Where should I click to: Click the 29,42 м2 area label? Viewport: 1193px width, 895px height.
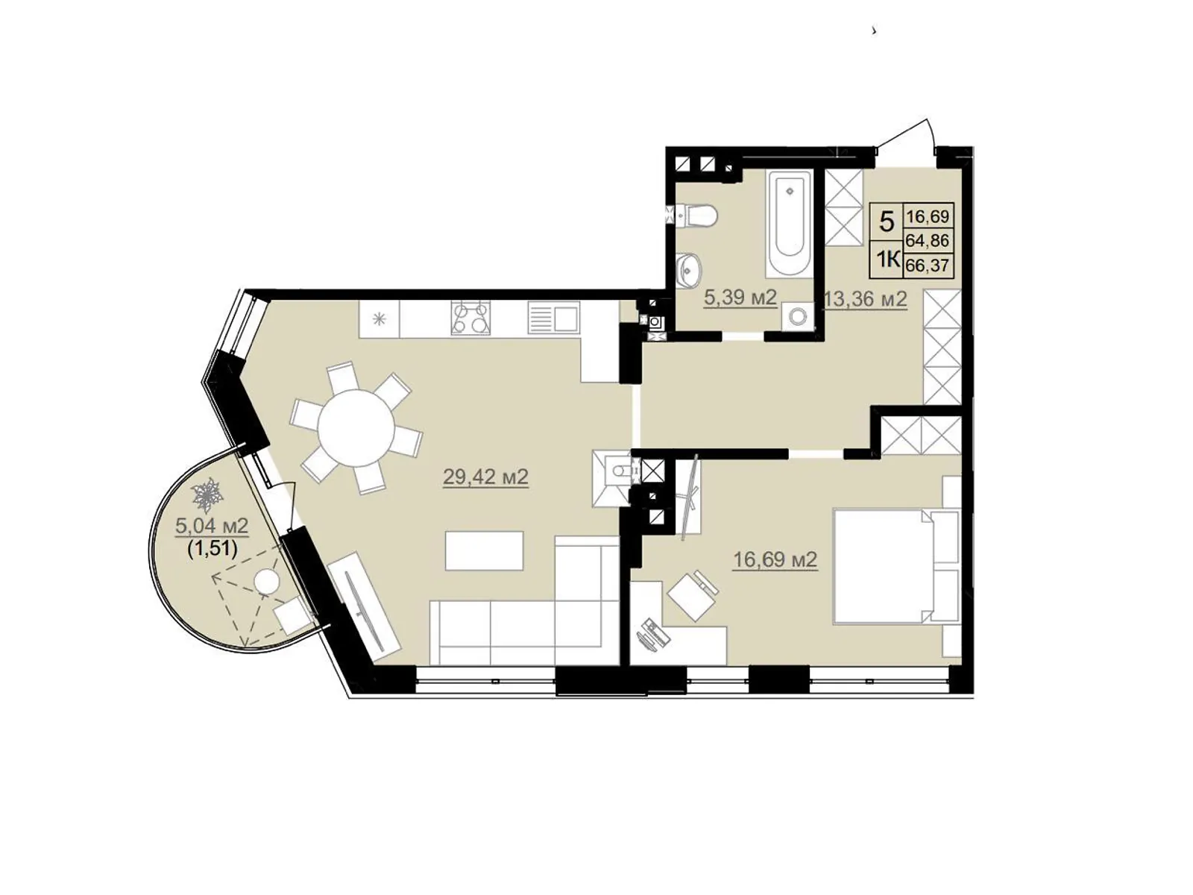(x=485, y=477)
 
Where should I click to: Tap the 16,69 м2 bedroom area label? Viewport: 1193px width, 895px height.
(x=775, y=559)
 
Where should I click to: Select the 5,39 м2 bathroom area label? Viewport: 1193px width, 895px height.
(x=740, y=298)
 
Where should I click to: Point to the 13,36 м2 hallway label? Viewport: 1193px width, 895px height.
(x=866, y=298)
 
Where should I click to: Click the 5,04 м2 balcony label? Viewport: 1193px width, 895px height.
(x=212, y=525)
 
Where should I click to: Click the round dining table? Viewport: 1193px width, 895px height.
(x=356, y=427)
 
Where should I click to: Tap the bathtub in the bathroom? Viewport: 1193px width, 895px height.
(x=790, y=222)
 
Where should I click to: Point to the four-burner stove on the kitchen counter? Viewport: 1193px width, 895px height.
(x=470, y=317)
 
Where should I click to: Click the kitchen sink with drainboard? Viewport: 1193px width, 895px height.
(x=553, y=318)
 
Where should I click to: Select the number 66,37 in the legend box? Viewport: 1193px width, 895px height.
(x=928, y=266)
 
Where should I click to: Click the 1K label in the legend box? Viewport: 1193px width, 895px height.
(x=887, y=260)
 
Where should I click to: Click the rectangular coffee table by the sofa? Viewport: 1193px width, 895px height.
(x=484, y=551)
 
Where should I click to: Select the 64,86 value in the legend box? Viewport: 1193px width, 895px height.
(x=928, y=239)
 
